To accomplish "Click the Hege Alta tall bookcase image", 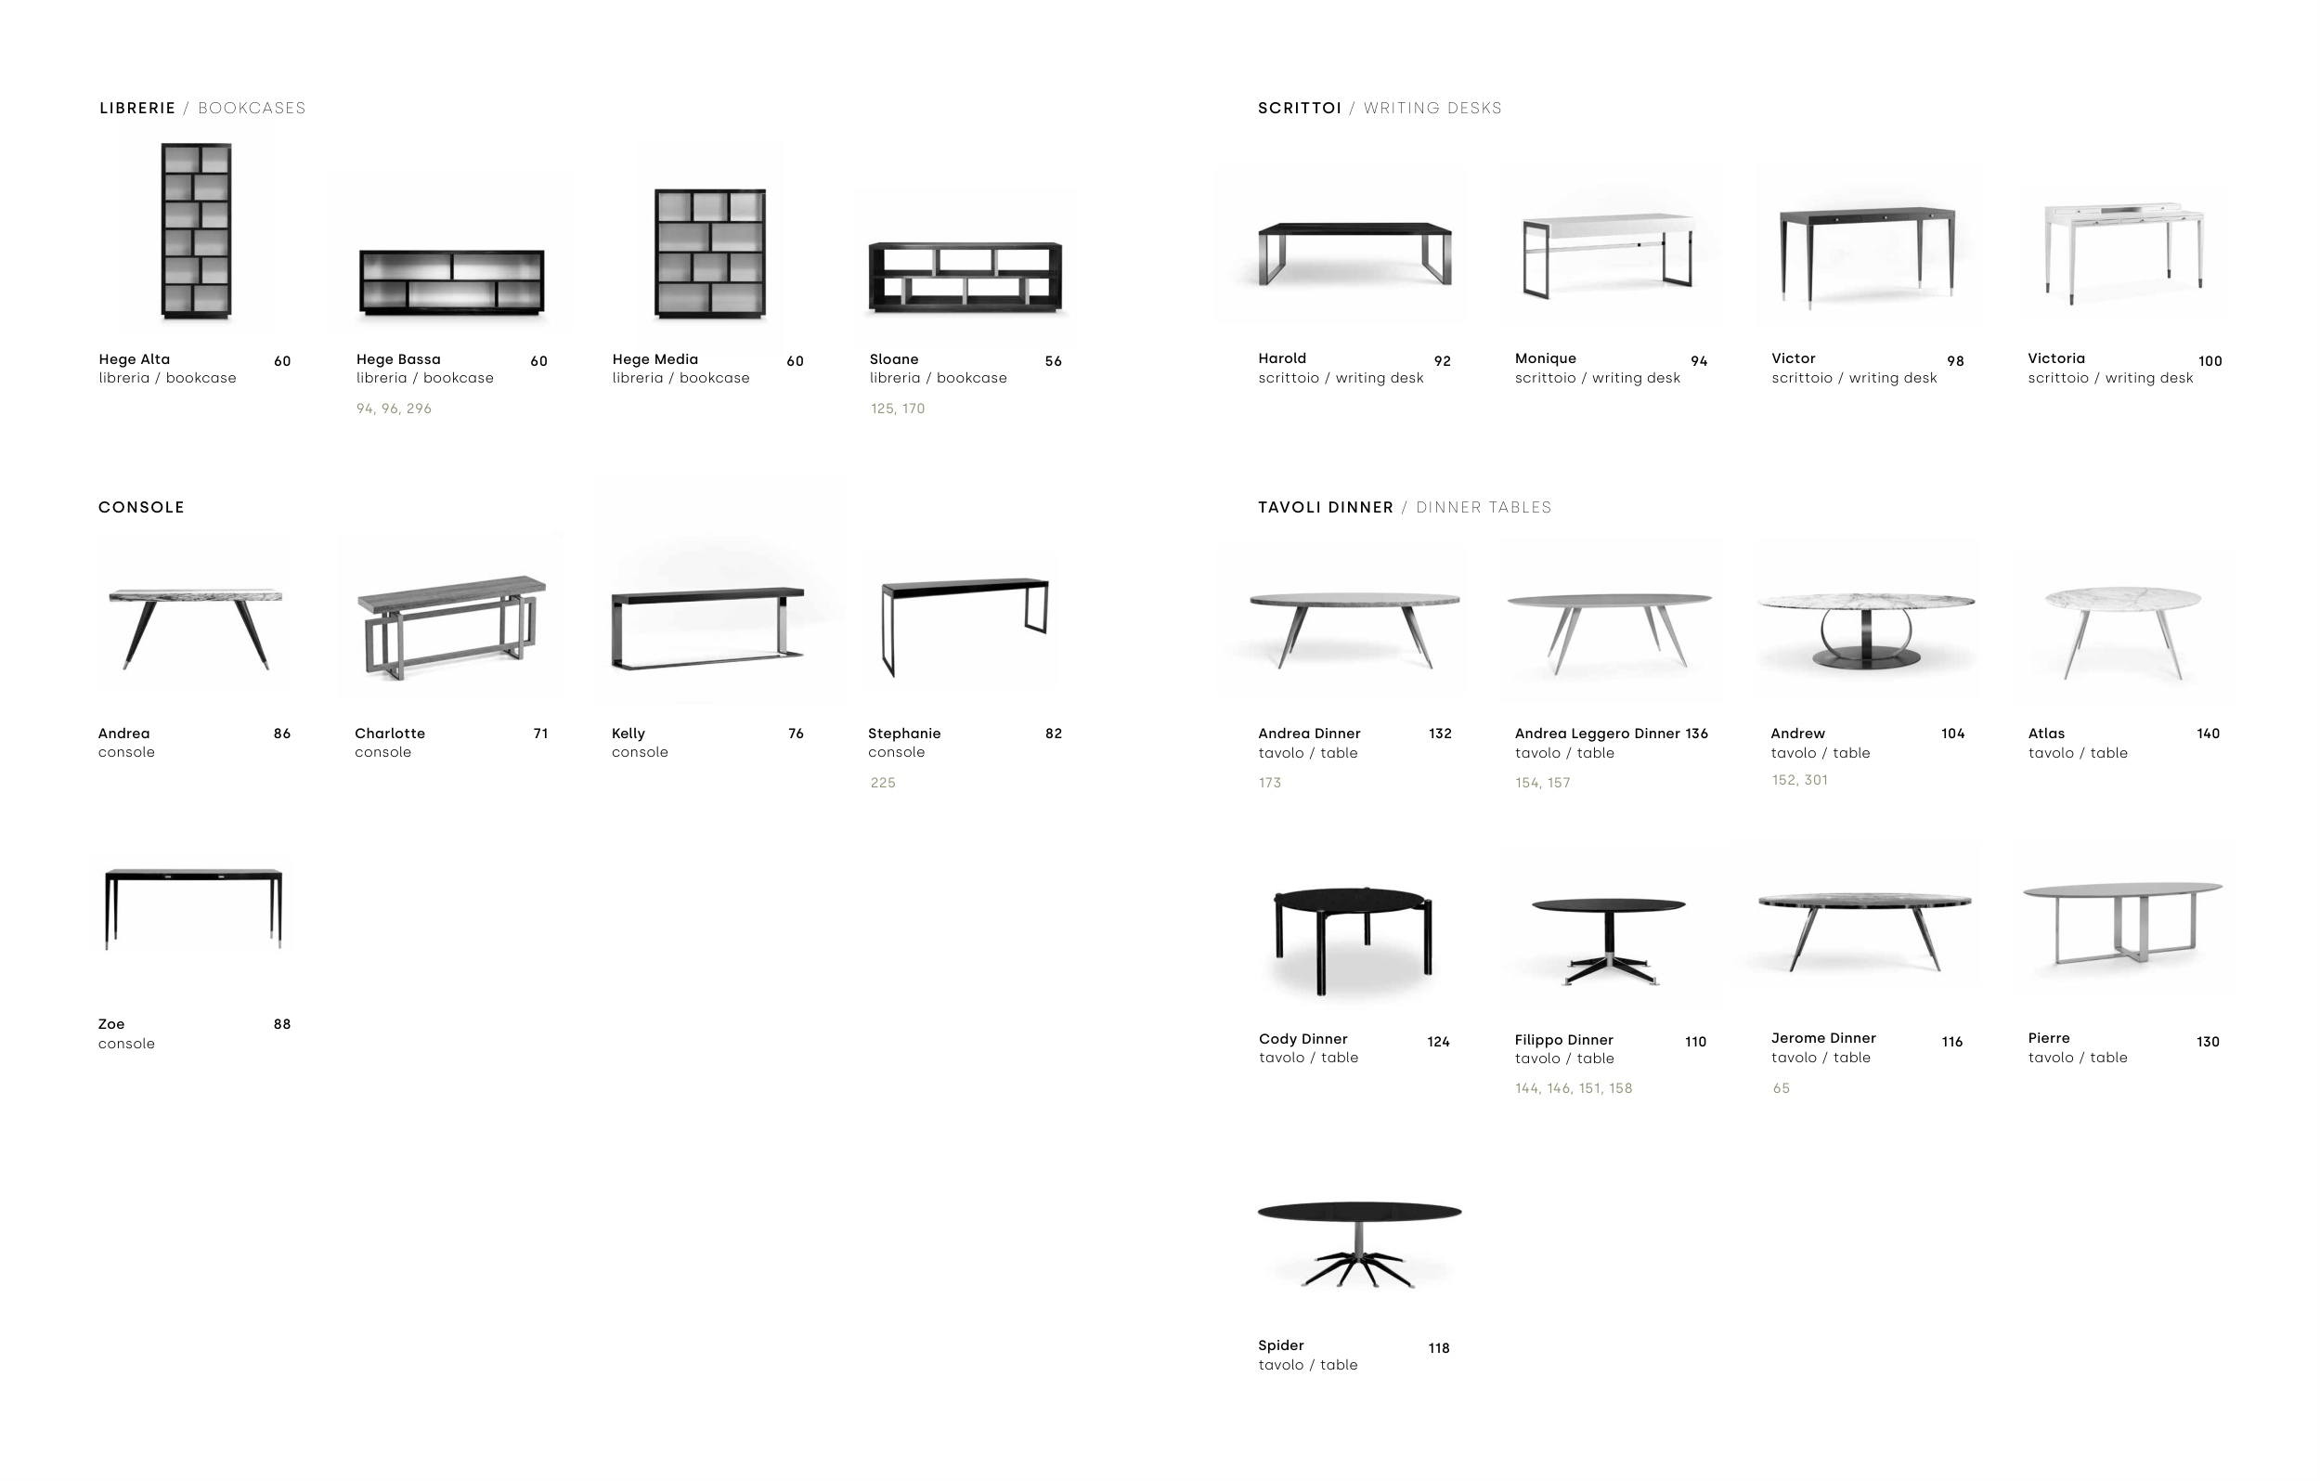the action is [197, 231].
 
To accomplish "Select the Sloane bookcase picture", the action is [966, 278].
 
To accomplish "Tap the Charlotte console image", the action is [452, 629].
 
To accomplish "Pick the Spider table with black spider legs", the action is [1359, 1245].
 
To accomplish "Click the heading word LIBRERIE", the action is [137, 108].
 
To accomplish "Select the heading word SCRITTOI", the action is [1300, 108].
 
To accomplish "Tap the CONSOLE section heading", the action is [142, 508].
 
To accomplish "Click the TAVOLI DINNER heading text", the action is [1326, 508].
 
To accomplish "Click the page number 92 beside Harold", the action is [1443, 361].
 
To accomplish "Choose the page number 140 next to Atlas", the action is [2209, 734].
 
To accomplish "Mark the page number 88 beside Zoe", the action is [282, 1024].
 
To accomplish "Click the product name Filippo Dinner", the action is [1563, 1040].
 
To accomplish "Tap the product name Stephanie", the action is [904, 734].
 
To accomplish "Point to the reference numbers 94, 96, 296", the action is [394, 409].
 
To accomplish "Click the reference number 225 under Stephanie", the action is [884, 784].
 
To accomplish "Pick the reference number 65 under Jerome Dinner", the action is [1782, 1089].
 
